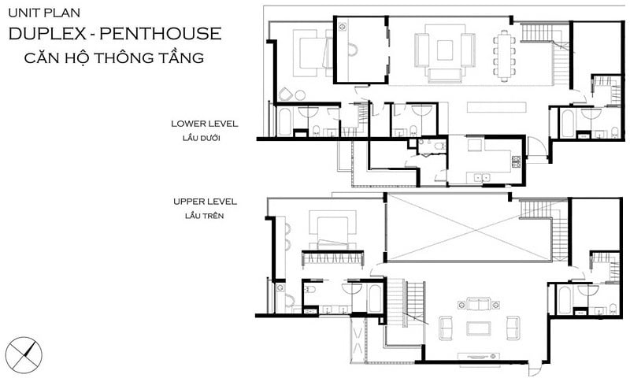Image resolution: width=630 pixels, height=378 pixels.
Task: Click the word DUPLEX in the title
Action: click(47, 33)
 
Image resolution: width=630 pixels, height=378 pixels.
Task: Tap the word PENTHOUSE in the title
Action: click(161, 33)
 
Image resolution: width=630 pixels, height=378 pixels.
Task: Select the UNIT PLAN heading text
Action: click(44, 13)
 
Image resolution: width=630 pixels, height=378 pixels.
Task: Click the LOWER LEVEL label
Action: click(205, 124)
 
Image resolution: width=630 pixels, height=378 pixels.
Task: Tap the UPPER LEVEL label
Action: click(205, 202)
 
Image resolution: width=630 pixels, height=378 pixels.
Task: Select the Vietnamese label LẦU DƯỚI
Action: click(202, 138)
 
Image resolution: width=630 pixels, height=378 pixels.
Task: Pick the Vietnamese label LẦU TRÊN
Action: click(204, 216)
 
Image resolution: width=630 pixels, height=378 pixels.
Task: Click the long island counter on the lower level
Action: click(497, 107)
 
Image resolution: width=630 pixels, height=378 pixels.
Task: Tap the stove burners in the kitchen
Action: click(517, 161)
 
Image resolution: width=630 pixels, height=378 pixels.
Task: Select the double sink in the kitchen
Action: click(482, 176)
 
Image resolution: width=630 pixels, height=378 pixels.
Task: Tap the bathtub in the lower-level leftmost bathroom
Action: click(284, 122)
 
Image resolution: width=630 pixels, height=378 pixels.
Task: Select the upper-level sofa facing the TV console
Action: click(478, 304)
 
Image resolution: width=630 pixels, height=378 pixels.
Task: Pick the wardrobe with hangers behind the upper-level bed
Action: click(332, 258)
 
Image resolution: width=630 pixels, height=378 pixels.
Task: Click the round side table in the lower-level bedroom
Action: click(300, 95)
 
